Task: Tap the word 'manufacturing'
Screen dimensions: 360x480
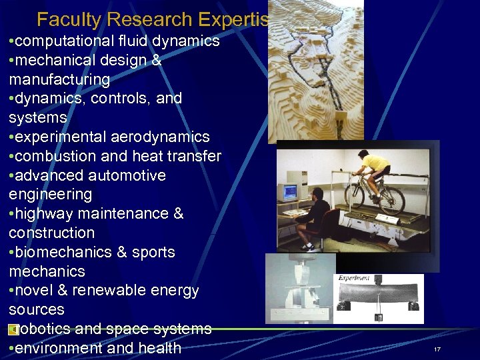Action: (x=59, y=80)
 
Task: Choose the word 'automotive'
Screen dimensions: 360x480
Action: (x=130, y=176)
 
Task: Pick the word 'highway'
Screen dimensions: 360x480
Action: (x=43, y=214)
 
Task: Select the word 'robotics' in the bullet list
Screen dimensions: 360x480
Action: (x=45, y=329)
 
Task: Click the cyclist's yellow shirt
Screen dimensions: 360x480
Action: (x=375, y=163)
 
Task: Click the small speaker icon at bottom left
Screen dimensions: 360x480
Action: (x=13, y=330)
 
